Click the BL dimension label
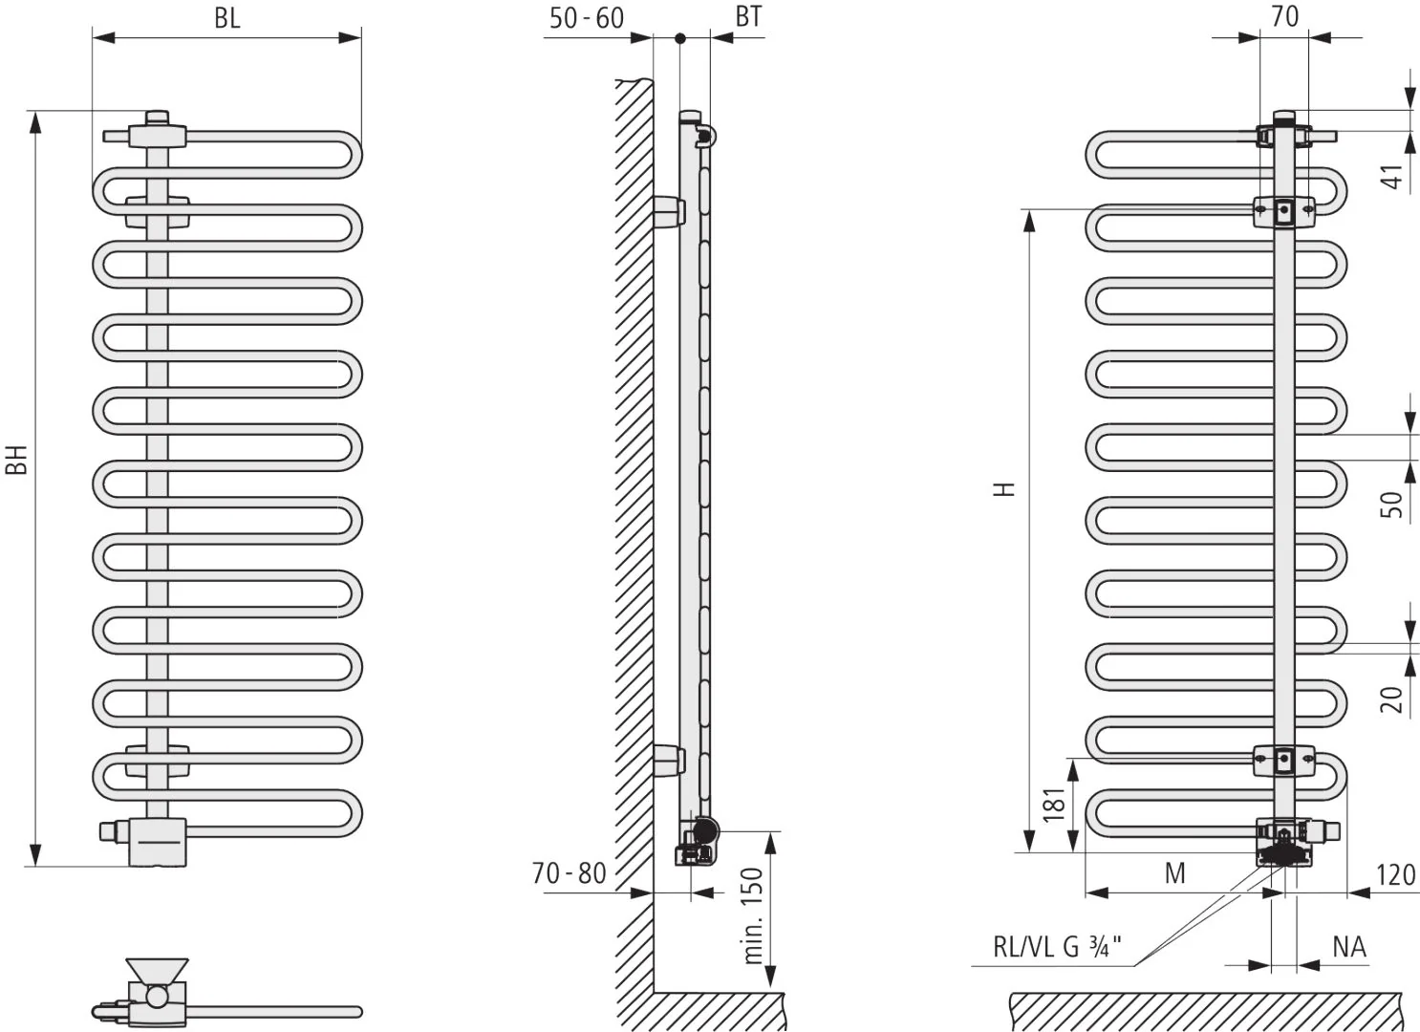pos(226,18)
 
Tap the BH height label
pos(17,460)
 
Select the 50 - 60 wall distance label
pos(587,18)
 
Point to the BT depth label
pos(748,16)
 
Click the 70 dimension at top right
pos(1284,16)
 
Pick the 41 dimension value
pos(1392,177)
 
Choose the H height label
pos(1004,488)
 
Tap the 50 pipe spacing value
pos(1392,505)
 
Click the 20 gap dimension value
pos(1392,699)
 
